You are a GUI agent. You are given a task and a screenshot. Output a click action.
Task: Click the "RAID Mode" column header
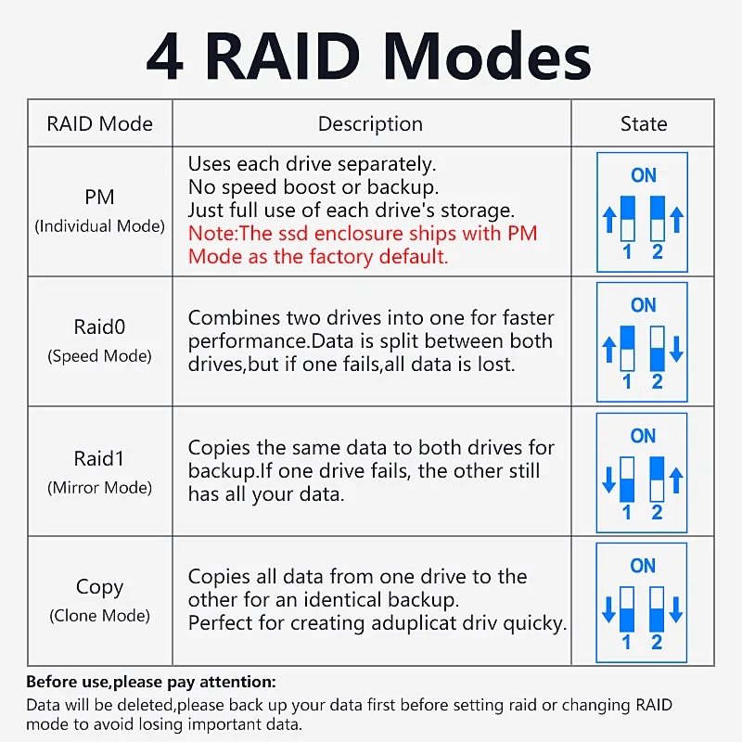[99, 124]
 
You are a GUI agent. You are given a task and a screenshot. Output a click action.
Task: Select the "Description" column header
[370, 124]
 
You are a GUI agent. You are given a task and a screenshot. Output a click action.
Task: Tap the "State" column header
[643, 124]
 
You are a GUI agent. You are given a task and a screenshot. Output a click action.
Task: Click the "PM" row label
[99, 197]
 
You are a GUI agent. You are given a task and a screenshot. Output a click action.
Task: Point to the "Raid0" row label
[99, 326]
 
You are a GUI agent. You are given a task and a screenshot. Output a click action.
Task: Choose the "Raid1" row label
[99, 458]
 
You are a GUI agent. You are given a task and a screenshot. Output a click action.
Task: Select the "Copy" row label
[99, 587]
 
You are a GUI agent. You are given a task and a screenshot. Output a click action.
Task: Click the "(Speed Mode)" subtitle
[99, 356]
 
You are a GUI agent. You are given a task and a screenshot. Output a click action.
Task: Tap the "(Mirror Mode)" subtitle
[99, 488]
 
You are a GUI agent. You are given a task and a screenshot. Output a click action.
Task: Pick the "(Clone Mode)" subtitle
[99, 616]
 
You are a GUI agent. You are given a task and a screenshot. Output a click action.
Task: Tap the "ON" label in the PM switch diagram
[643, 175]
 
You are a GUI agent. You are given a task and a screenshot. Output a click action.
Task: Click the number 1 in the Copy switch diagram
[627, 642]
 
